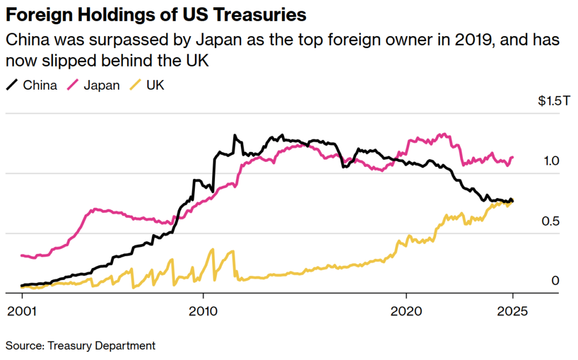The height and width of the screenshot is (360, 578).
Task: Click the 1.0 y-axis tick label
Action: tap(551, 161)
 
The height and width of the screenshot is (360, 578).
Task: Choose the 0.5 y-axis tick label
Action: tap(551, 221)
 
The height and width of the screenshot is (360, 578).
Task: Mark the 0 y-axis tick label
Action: tap(555, 280)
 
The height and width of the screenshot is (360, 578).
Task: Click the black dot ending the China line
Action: tap(513, 201)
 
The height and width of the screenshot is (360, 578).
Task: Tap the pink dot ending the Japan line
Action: tap(513, 157)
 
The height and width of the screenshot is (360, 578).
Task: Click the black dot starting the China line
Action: tap(22, 286)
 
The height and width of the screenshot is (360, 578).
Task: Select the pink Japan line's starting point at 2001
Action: tap(22, 256)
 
